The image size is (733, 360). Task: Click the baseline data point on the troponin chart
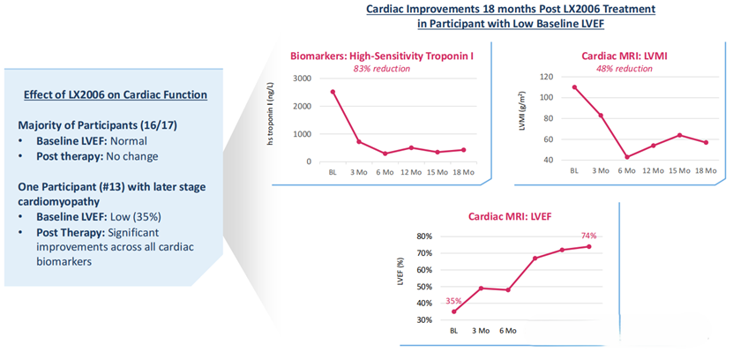point(333,92)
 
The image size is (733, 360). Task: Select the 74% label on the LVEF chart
point(589,236)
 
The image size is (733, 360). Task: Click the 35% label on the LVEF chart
point(453,300)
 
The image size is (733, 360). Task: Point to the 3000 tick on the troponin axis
point(302,79)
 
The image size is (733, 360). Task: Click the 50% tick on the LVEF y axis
point(430,287)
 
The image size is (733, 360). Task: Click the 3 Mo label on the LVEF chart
point(481,331)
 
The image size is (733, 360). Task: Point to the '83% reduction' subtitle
point(381,69)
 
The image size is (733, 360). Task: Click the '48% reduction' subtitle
point(625,69)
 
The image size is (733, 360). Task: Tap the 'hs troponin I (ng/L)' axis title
point(271,120)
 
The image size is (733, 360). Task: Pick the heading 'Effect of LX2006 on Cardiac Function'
point(116,95)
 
